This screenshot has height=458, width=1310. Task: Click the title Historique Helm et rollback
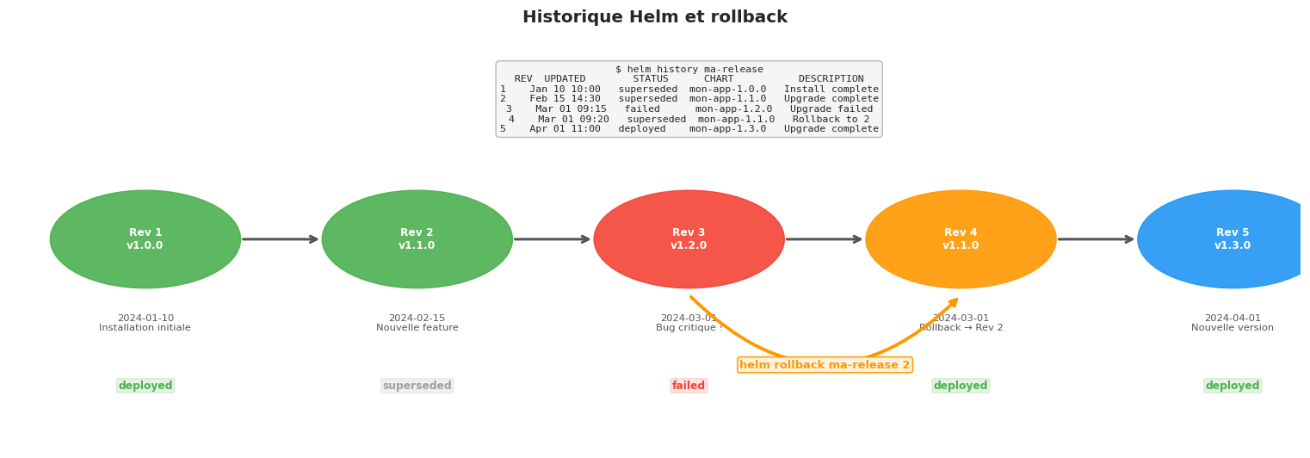(x=654, y=17)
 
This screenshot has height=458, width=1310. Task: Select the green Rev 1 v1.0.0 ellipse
(x=145, y=239)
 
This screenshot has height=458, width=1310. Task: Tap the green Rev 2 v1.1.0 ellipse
(x=417, y=239)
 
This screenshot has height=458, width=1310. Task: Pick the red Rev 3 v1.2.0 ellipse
(x=689, y=239)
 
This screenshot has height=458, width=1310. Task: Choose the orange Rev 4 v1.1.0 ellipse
(x=961, y=239)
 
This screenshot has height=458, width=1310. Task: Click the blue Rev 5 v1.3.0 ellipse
(x=1231, y=239)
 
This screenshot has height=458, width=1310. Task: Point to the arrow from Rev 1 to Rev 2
(x=281, y=239)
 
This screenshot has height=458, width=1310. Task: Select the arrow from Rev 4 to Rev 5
(x=1097, y=239)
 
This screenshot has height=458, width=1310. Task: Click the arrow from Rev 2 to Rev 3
(x=553, y=239)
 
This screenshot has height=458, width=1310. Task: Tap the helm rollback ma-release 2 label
(x=825, y=365)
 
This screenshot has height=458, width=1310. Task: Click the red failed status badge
(x=689, y=386)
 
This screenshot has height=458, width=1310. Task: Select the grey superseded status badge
(x=417, y=386)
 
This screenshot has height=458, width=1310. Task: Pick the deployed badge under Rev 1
(x=145, y=386)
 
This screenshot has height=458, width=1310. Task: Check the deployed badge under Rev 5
(x=1232, y=386)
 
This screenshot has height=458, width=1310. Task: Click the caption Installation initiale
(x=145, y=328)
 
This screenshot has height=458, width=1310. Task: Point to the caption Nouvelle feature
(x=417, y=328)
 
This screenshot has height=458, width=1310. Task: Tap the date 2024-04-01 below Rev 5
(x=1232, y=318)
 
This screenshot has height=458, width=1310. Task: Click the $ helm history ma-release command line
(x=689, y=70)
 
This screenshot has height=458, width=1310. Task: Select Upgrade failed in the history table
(x=831, y=109)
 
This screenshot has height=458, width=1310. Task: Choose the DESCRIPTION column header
(x=831, y=79)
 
